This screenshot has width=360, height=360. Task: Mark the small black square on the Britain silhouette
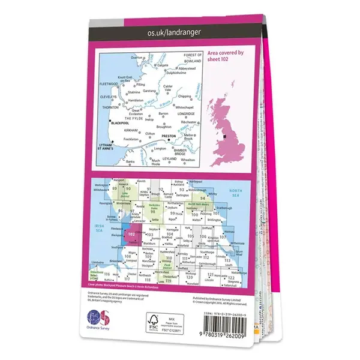click(x=224, y=136)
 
